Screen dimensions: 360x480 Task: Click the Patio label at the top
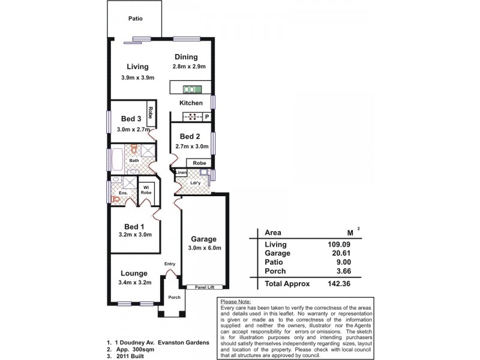click(x=136, y=19)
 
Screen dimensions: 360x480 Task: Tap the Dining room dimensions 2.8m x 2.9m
click(x=190, y=68)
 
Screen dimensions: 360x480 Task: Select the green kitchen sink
click(x=193, y=89)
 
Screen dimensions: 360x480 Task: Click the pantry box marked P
click(x=207, y=116)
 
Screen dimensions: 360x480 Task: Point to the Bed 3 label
click(x=131, y=118)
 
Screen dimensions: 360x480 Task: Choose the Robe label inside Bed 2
click(x=200, y=163)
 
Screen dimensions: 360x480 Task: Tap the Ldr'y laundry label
click(x=195, y=182)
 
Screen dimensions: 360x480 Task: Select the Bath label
click(x=134, y=160)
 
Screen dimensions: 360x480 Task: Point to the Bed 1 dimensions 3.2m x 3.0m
click(x=136, y=236)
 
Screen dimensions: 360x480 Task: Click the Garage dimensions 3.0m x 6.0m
click(x=205, y=248)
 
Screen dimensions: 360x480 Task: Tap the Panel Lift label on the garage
click(x=205, y=287)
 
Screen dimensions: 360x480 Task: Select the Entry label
click(x=170, y=264)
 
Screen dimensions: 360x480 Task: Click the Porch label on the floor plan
click(x=174, y=297)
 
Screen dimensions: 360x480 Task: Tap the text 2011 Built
click(x=133, y=355)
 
